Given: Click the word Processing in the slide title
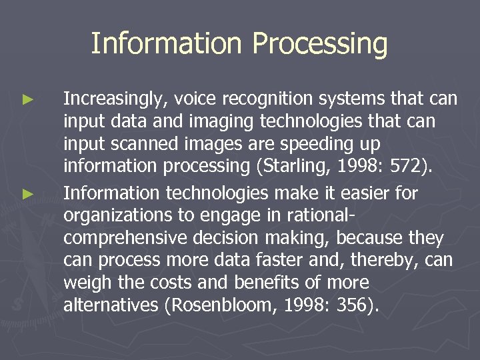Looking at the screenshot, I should (x=320, y=44).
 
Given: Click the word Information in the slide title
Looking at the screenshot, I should (x=166, y=44).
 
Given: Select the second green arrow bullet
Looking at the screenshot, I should (x=27, y=195).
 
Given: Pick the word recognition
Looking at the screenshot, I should (x=266, y=99).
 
